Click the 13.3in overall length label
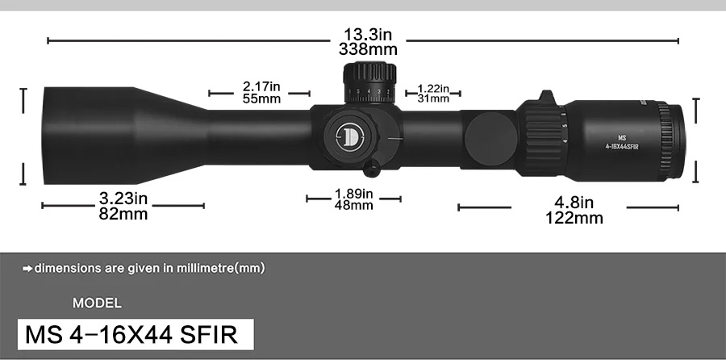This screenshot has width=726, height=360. (x=369, y=35)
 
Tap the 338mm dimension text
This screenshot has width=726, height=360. (x=369, y=49)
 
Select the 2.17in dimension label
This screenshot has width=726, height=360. (x=261, y=86)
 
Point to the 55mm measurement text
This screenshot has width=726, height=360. (x=261, y=98)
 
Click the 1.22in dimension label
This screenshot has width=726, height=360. (x=433, y=87)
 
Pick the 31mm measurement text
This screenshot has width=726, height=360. (x=433, y=98)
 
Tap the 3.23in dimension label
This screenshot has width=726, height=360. (x=123, y=198)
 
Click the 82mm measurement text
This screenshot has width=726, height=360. (x=123, y=214)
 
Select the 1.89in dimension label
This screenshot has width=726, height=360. (x=353, y=194)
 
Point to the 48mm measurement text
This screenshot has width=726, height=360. (x=353, y=206)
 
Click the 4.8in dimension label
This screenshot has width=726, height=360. (x=574, y=202)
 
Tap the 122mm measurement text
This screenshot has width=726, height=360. (x=574, y=218)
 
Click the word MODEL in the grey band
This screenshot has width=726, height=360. (x=97, y=303)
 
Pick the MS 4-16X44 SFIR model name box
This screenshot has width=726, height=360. (x=136, y=333)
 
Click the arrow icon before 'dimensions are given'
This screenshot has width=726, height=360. (x=27, y=268)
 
